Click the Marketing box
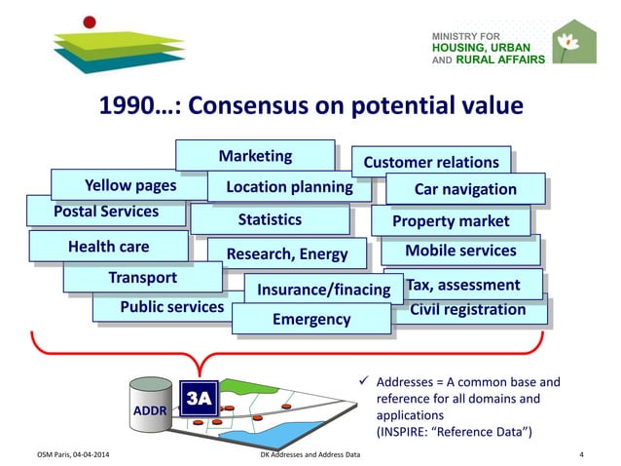[x=255, y=156]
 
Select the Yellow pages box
[x=129, y=185]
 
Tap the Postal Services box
[x=106, y=212]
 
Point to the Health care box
[x=108, y=247]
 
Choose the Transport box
[x=142, y=278]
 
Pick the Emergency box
[x=311, y=319]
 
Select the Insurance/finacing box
[x=323, y=291]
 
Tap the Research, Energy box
[x=287, y=254]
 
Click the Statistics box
[x=270, y=219]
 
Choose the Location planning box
[x=289, y=186]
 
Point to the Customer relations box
[x=430, y=163]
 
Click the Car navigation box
[x=465, y=189]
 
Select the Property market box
[x=451, y=221]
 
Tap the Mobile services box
[x=460, y=251]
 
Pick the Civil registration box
[x=468, y=310]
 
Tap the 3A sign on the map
[x=199, y=399]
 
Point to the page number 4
[x=581, y=454]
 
